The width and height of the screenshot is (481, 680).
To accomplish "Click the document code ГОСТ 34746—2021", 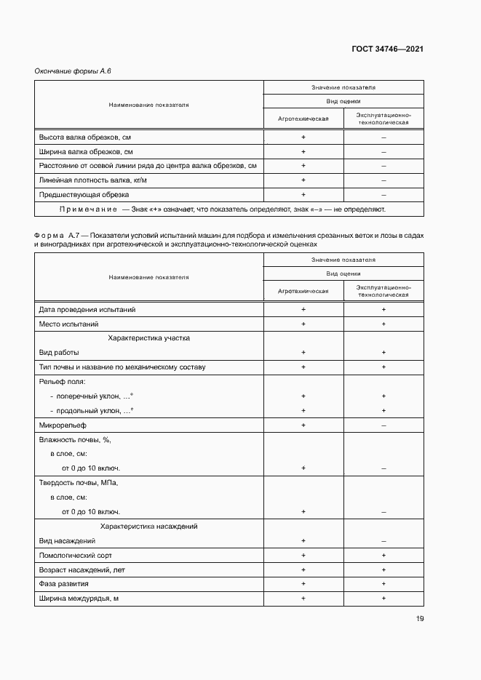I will coord(387,49).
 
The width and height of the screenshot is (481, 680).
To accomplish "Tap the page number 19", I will coord(420,619).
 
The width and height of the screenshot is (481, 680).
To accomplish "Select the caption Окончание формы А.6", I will coord(72,71).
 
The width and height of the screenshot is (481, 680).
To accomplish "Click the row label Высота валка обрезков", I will coord(84,137).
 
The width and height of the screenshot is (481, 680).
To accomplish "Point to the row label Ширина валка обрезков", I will coord(85,152).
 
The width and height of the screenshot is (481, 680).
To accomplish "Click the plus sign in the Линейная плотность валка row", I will coord(303,180).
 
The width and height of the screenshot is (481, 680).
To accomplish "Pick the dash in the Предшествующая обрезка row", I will coord(383,195).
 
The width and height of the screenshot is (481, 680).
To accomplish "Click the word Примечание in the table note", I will coord(88,209).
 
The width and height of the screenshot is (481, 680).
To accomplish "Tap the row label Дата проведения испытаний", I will coord(87,310).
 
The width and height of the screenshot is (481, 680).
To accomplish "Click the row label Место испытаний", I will coord(68,324).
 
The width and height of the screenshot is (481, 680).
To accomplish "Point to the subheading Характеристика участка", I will coord(149,338).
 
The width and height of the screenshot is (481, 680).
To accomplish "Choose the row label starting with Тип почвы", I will coord(122,367).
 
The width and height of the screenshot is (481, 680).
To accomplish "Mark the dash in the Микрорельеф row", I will coord(383,425).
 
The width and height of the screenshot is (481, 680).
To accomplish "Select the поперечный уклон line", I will coord(91,396).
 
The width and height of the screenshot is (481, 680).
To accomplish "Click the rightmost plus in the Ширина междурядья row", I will coord(383,598).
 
